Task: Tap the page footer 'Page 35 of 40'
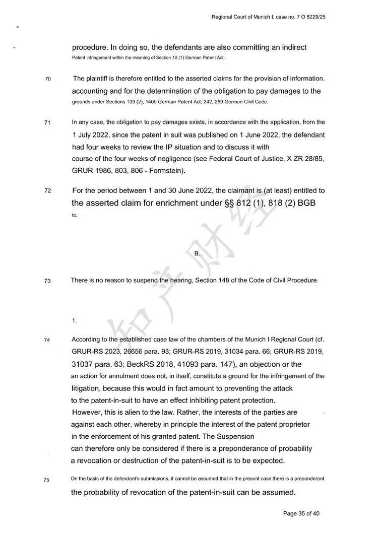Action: [301, 513]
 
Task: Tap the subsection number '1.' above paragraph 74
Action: [74, 320]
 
